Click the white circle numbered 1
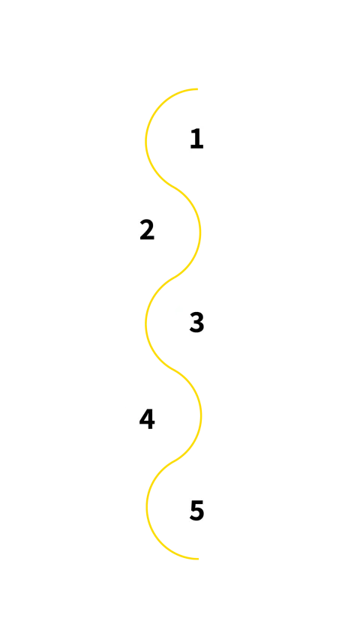(195, 139)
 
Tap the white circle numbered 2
(147, 230)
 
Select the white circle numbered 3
(195, 322)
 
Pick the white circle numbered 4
(147, 418)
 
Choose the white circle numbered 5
(195, 510)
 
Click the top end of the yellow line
(200, 88)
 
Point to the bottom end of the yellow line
(199, 559)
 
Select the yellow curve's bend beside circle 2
(200, 230)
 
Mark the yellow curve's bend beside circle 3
(146, 322)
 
